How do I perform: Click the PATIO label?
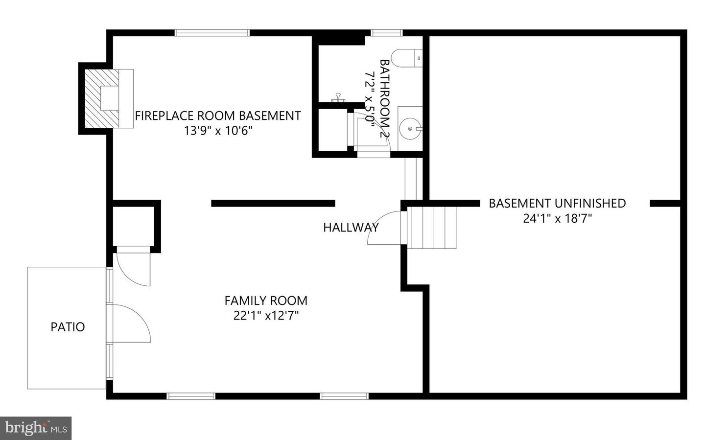(68, 327)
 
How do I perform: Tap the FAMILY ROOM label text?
(266, 301)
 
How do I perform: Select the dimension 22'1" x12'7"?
(266, 316)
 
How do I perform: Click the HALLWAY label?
(351, 227)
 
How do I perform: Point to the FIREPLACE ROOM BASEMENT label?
(217, 116)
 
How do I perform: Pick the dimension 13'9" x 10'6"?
(217, 131)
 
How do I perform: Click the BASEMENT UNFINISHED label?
(557, 203)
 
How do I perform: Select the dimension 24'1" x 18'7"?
(557, 218)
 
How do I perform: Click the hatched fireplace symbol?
(102, 98)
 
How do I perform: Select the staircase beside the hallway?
(432, 228)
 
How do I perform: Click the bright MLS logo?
(36, 428)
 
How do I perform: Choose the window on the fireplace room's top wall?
(212, 33)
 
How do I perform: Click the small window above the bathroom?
(386, 33)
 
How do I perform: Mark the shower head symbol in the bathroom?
(338, 97)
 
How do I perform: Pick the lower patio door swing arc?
(132, 323)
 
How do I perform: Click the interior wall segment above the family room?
(273, 203)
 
